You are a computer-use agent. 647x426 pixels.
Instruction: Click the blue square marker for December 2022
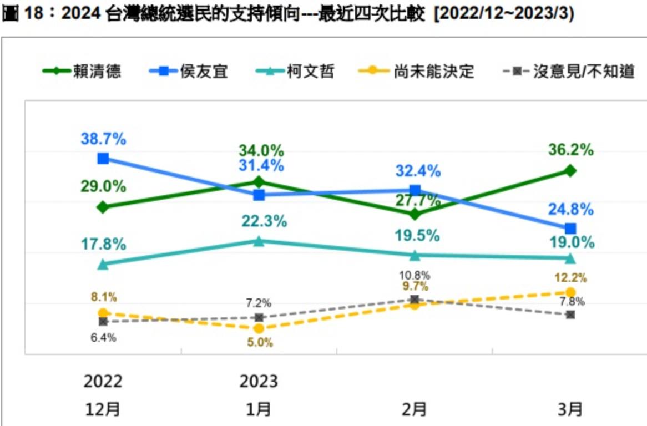click(x=103, y=159)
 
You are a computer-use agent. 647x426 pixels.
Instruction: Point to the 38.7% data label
click(x=103, y=139)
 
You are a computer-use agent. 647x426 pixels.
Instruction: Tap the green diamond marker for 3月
click(x=570, y=171)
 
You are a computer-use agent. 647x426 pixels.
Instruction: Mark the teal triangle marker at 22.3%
click(x=259, y=241)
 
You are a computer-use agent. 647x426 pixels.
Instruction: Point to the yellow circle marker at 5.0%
click(x=259, y=329)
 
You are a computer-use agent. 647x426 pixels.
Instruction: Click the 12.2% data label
click(x=570, y=277)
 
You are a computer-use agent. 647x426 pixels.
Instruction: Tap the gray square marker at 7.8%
click(x=570, y=315)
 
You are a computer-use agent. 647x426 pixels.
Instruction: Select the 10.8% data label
click(x=414, y=275)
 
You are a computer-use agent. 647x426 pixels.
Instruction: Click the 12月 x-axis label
click(x=103, y=409)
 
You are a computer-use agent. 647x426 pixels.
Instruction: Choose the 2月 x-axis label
click(x=414, y=409)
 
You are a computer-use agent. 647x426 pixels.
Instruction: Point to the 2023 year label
click(x=259, y=382)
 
